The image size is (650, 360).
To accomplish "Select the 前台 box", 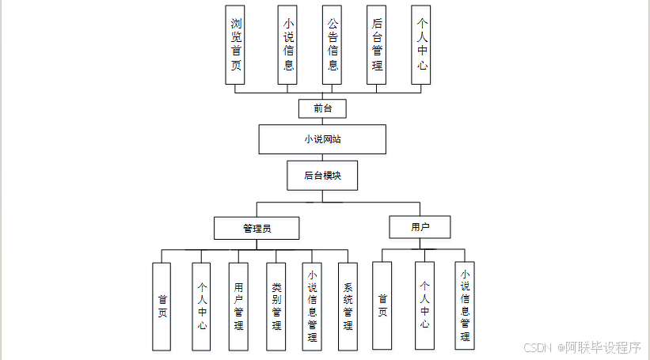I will pos(322,108).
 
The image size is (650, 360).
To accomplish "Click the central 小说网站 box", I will pos(322,138).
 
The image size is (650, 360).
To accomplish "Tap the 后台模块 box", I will pos(322,176).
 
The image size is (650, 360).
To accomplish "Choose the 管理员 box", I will pos(257,228).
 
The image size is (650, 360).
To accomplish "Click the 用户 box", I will pos(420,226).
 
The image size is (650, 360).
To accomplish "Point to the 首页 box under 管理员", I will pos(162,306).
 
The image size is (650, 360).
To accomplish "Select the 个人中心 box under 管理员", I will pos(201,306).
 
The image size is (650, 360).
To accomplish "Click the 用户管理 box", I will pos(238,306).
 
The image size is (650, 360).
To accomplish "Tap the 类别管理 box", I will pos(276,306).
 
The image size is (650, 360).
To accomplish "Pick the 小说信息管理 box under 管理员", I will pos(312,306).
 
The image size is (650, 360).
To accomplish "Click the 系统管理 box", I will pos(348,306).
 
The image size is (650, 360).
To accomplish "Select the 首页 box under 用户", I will pos(382,305).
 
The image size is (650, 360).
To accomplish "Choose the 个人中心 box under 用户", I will pos(425,305).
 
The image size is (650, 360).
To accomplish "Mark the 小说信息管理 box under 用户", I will pos(465,305).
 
